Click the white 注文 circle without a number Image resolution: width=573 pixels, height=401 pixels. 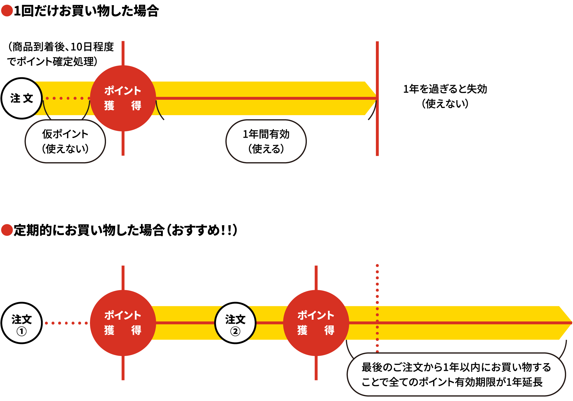click(x=22, y=98)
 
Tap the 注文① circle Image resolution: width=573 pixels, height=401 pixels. click(x=21, y=323)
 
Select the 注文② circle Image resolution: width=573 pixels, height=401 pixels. click(x=235, y=323)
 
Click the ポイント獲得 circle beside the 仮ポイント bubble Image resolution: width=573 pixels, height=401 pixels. click(x=123, y=98)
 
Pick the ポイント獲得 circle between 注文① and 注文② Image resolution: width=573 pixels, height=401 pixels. click(x=123, y=323)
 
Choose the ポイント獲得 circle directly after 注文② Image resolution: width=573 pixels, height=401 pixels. click(x=316, y=323)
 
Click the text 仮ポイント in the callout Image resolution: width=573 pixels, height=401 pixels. click(x=65, y=134)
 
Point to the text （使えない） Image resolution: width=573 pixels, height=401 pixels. click(x=65, y=149)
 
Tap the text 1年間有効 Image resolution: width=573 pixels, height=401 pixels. click(x=266, y=134)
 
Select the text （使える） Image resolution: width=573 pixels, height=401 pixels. click(x=266, y=149)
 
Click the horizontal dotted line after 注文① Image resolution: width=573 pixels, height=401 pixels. click(x=66, y=323)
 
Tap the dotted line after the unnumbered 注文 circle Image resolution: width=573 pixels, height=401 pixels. click(x=68, y=98)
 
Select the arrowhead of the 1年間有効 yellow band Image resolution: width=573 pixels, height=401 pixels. click(x=371, y=98)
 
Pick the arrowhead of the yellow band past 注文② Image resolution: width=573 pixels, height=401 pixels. click(x=566, y=323)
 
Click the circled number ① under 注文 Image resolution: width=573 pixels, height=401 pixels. click(x=21, y=331)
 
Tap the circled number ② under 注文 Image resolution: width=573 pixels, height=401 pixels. click(x=235, y=331)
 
